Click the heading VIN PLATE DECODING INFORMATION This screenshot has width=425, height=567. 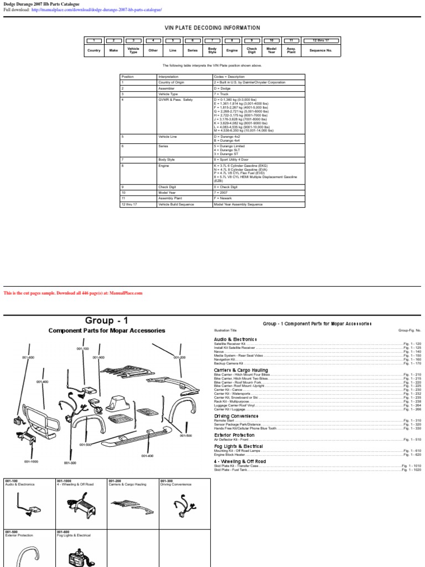pos(212,28)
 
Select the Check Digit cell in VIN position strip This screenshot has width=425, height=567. pos(252,50)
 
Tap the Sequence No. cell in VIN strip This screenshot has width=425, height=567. pos(321,50)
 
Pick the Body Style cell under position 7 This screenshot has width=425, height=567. pos(212,50)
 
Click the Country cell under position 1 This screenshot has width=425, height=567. pos(94,50)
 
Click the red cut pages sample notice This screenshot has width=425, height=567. pos(73,293)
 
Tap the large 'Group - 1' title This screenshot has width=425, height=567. pos(107,321)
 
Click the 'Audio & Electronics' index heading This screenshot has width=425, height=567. pos(235,339)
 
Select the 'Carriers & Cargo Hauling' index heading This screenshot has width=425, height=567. pos(241,370)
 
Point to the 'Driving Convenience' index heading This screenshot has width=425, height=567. pos(236,415)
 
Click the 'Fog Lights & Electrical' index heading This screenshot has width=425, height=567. pos(239,446)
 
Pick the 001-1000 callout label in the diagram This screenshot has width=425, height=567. pos(31,461)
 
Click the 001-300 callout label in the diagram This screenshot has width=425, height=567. pos(70,462)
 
